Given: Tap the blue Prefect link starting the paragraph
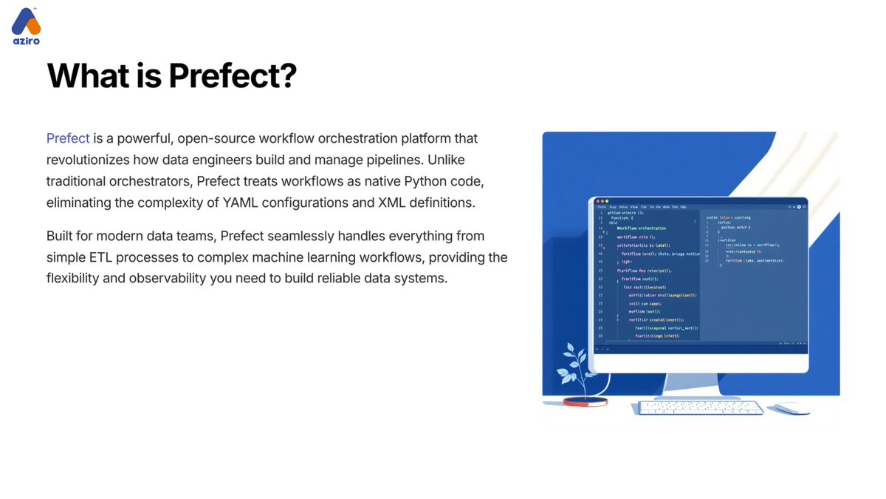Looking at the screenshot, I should [x=68, y=138].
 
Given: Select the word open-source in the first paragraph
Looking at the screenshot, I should [x=217, y=138].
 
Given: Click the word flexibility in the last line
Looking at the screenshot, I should [x=77, y=279].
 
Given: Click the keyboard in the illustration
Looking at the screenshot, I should [x=700, y=407].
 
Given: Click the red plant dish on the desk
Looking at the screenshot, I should [x=585, y=401].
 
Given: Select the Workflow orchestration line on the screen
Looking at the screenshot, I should [x=641, y=228].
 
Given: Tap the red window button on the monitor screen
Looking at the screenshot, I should [x=594, y=201].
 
